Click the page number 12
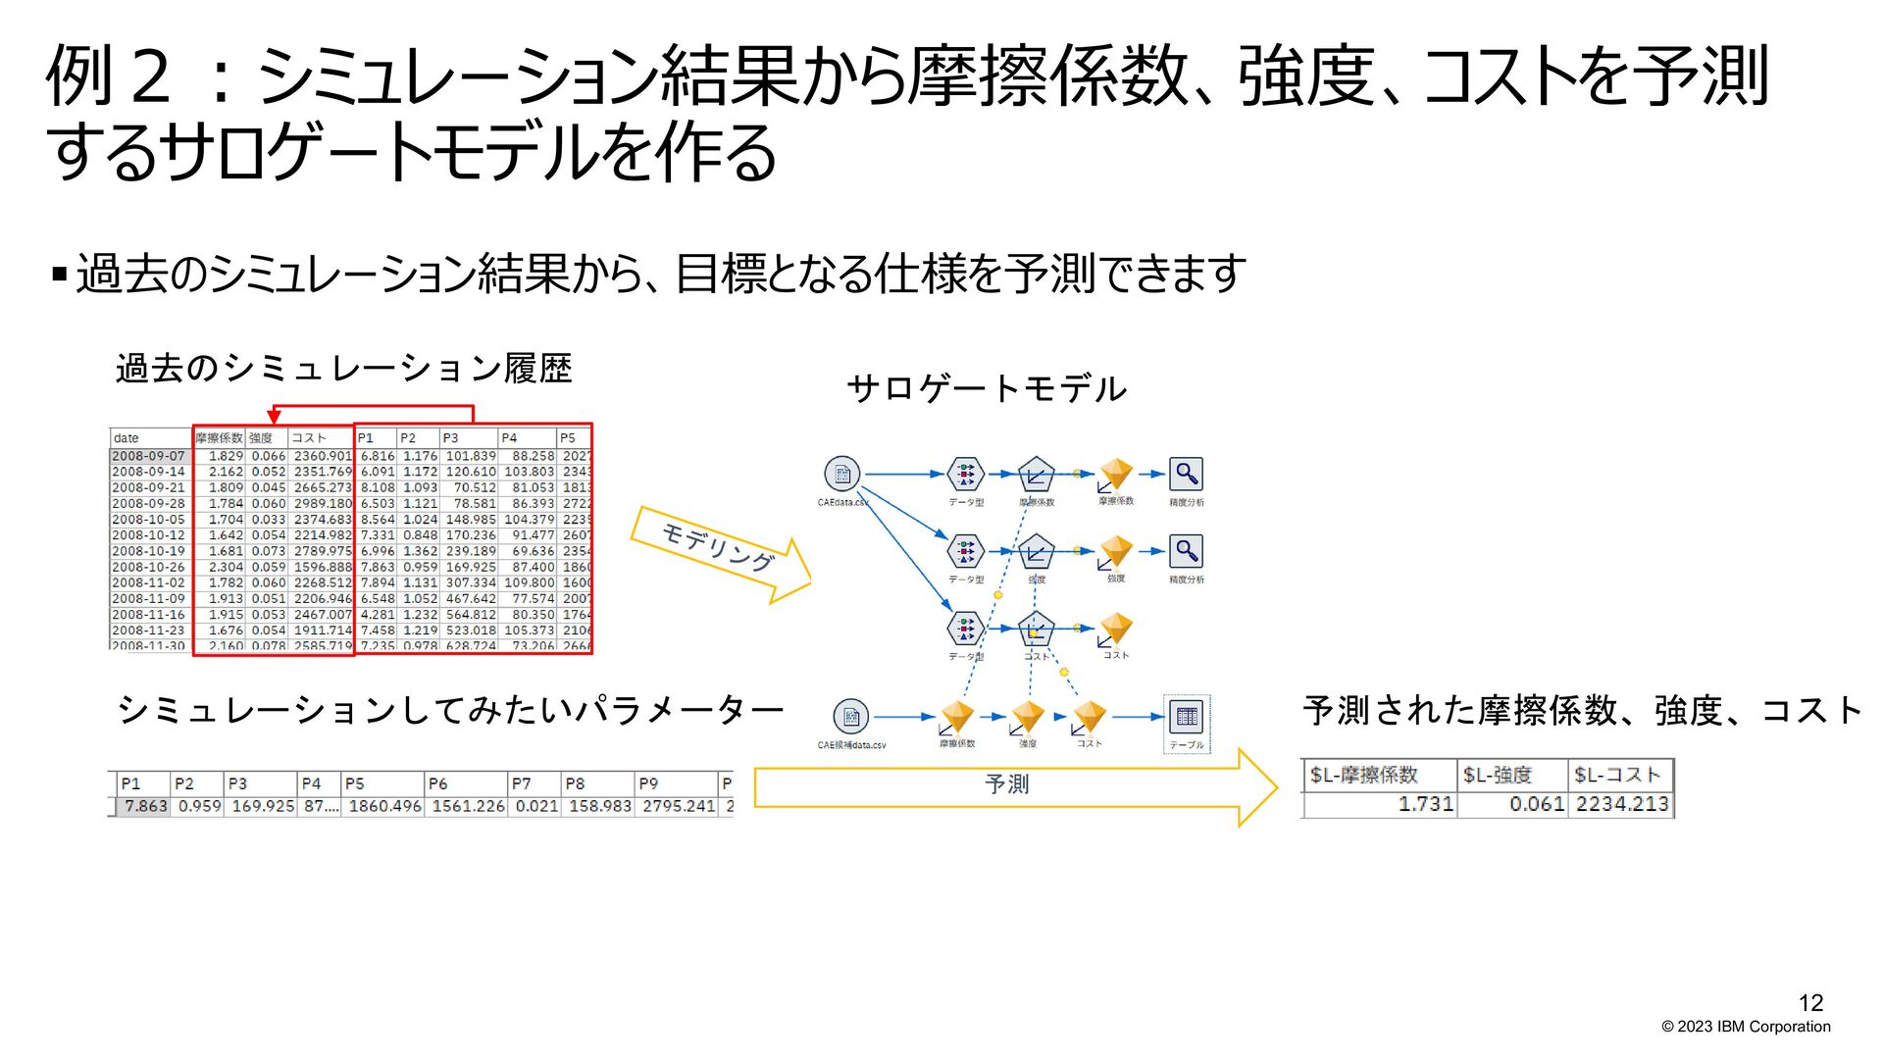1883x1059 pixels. pos(1810,1002)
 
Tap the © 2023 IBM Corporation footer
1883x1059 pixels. pos(1746,1027)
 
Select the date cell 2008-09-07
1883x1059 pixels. pos(149,456)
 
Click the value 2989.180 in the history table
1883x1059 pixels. pos(323,503)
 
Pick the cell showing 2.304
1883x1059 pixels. pos(226,567)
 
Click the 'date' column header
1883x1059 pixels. pos(127,438)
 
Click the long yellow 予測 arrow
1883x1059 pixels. pos(1010,786)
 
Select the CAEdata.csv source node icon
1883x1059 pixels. pos(841,475)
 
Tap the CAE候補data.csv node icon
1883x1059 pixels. pos(850,717)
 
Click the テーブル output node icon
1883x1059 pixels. pos(1187,717)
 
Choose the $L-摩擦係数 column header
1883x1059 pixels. pos(1364,775)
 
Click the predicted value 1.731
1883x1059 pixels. pos(1426,804)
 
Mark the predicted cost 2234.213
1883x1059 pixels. pos(1622,804)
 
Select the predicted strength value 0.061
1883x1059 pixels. pos(1536,804)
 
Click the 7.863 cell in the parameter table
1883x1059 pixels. pos(145,806)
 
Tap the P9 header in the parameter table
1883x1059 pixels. pos(648,783)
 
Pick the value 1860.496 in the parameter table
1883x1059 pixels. pos(384,806)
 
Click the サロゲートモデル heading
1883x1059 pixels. pos(987,389)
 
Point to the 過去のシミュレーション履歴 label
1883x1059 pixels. pos(343,369)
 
